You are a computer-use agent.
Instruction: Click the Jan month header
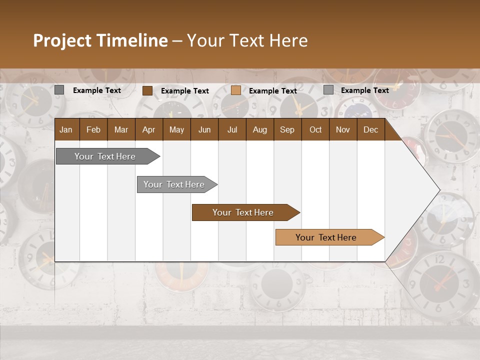pyautogui.click(x=66, y=129)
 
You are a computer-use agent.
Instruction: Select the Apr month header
pyautogui.click(x=148, y=129)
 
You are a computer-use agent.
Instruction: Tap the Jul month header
pyautogui.click(x=232, y=129)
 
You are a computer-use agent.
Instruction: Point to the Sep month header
pyautogui.click(x=287, y=129)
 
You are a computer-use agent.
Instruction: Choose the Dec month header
pyautogui.click(x=370, y=129)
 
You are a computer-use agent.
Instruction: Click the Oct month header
pyautogui.click(x=315, y=129)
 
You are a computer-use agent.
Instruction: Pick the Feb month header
pyautogui.click(x=93, y=129)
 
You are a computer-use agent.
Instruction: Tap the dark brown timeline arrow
pyautogui.click(x=243, y=212)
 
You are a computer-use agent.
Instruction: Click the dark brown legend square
pyautogui.click(x=147, y=90)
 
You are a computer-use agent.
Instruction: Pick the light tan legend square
pyautogui.click(x=236, y=90)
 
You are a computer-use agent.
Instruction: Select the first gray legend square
pyautogui.click(x=59, y=90)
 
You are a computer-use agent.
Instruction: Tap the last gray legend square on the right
pyautogui.click(x=328, y=90)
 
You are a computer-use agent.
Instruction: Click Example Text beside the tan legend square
pyautogui.click(x=273, y=91)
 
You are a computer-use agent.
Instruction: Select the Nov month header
pyautogui.click(x=343, y=129)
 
